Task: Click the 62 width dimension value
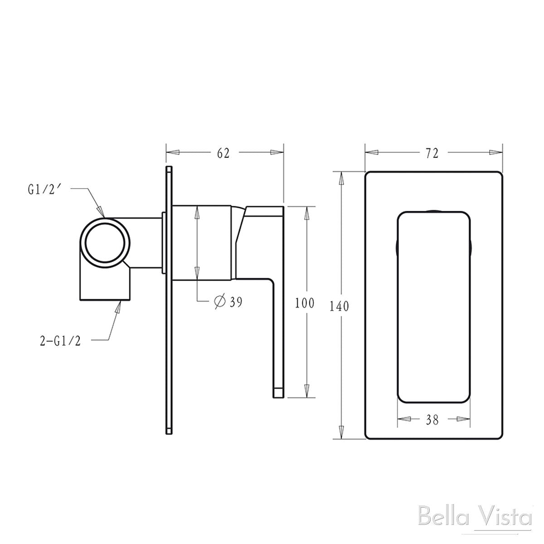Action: tap(223, 153)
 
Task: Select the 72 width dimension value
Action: tap(432, 153)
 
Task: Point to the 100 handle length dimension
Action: tap(304, 303)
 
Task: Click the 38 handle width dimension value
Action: tap(432, 420)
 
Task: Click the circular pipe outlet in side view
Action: tap(106, 241)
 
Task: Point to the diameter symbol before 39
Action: tap(219, 301)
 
